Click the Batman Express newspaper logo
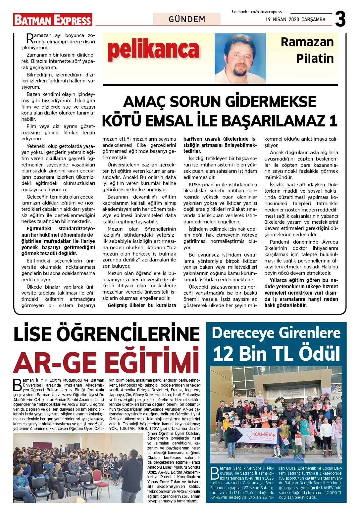point(53,20)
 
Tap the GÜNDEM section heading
point(187,20)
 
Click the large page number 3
point(340,19)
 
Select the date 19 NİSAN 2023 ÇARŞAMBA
point(295,20)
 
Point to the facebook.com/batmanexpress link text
point(256,12)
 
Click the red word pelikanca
point(153,50)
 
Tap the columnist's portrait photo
point(240,58)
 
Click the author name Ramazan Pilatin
point(307,50)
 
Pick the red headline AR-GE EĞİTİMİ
point(107,362)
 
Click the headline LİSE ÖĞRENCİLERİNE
point(107,334)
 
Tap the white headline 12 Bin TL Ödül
point(276,353)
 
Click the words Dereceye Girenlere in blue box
point(276,333)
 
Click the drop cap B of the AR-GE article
point(17,385)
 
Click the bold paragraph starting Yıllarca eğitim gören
point(301,293)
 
